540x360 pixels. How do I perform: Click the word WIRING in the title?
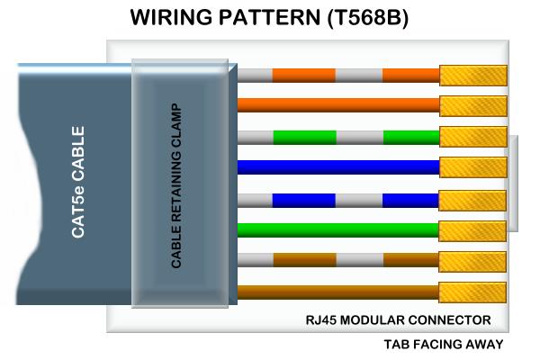coord(171,17)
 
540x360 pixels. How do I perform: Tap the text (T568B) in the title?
coord(368,17)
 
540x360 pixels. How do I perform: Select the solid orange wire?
coord(338,105)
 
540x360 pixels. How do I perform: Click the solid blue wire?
coord(338,167)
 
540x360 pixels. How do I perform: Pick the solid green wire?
coord(338,230)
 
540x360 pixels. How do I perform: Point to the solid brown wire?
coord(338,292)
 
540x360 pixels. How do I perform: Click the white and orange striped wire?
coord(338,76)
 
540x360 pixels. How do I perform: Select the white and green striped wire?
coord(338,138)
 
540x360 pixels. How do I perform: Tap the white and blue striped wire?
coord(338,201)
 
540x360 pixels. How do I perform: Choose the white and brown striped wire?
coord(338,260)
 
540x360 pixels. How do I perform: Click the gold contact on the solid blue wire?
coord(473,167)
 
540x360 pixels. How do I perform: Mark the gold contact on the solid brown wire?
coord(472,292)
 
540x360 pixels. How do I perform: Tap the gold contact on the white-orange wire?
coord(473,76)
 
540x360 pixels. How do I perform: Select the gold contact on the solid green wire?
coord(472,231)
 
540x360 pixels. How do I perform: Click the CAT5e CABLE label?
coord(77,182)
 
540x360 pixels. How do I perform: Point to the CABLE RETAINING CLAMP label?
coord(176,185)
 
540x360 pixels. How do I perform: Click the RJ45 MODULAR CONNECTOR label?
coord(398,320)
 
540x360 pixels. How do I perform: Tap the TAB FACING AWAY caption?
coord(444,344)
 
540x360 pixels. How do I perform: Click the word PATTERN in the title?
coord(270,17)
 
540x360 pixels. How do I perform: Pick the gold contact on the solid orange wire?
coord(473,106)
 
